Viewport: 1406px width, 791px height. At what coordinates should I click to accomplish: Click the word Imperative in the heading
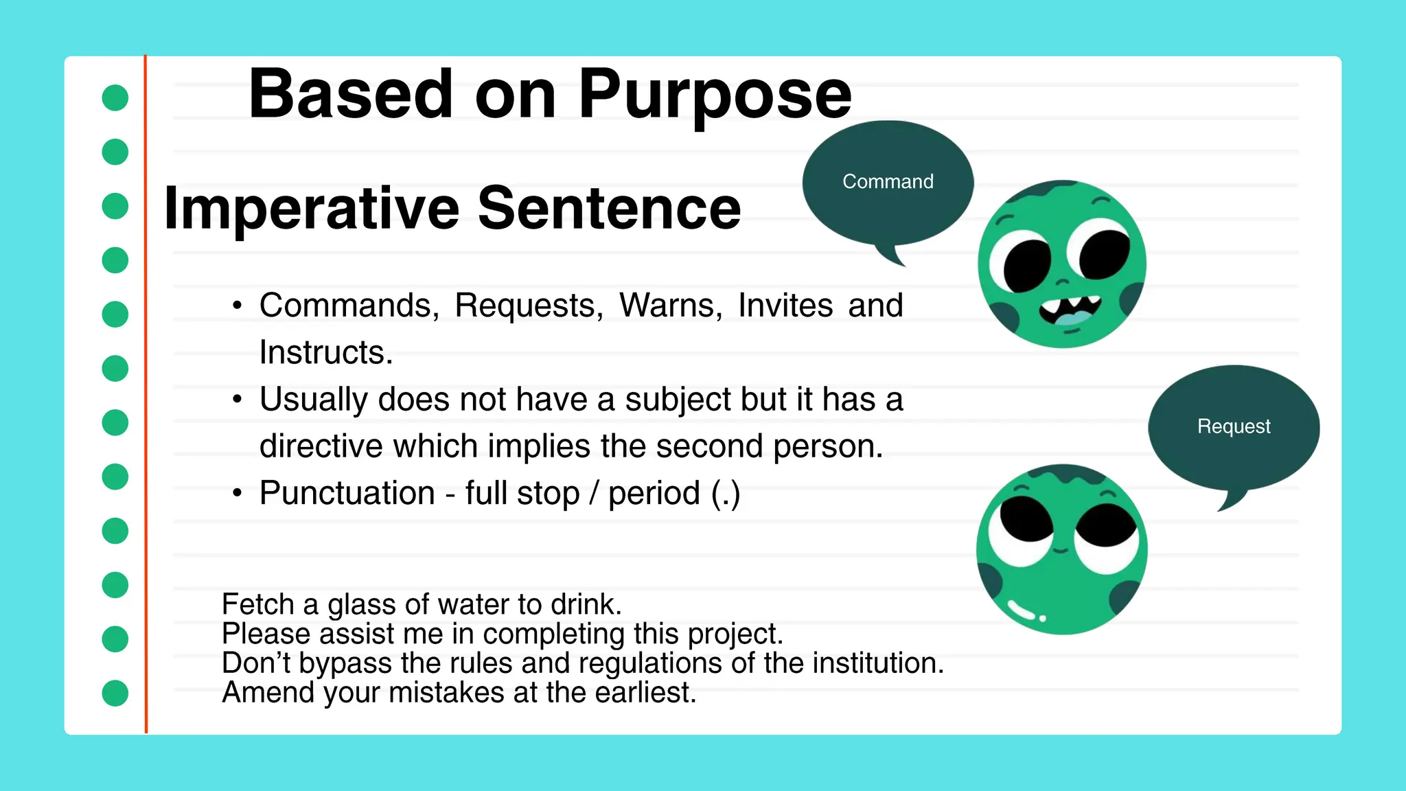(x=311, y=208)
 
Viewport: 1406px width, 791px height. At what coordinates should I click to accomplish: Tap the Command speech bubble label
(x=888, y=181)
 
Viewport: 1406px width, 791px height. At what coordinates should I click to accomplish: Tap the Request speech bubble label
(x=1234, y=426)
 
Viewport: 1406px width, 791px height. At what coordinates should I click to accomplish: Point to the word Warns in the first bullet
(x=670, y=305)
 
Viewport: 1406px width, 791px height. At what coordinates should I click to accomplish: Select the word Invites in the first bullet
(x=785, y=305)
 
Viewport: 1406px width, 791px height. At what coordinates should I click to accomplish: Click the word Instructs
(x=325, y=352)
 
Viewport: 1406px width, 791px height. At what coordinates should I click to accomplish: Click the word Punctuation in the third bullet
(x=347, y=493)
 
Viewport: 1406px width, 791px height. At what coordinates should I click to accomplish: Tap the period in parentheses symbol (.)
(x=726, y=493)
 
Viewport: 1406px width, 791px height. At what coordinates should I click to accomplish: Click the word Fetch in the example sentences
(x=258, y=604)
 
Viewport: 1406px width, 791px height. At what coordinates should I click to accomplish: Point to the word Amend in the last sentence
(x=268, y=692)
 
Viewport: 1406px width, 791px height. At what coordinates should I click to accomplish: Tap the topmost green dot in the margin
(x=115, y=98)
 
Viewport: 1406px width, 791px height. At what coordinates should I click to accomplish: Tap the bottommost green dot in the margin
(x=115, y=693)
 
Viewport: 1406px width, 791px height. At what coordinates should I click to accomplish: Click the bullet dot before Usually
(x=238, y=399)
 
